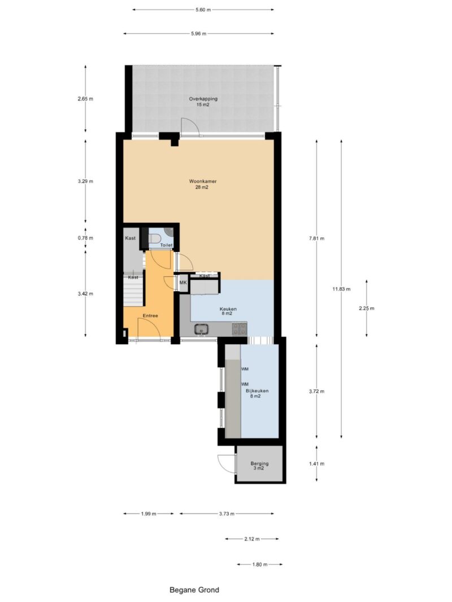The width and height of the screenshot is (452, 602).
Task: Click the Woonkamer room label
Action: [x=203, y=181]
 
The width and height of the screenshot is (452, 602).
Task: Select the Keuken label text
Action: [x=228, y=309]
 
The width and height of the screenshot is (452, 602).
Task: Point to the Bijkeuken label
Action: [x=257, y=391]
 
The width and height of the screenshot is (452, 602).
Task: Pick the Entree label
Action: [x=150, y=315]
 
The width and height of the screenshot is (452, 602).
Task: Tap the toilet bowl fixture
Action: [x=155, y=239]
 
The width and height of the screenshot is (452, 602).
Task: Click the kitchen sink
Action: [x=201, y=329]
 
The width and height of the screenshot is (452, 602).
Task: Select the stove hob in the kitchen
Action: [x=239, y=328]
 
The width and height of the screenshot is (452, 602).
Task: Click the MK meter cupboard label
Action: [x=183, y=283]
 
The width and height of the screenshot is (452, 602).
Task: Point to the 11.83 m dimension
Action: [x=341, y=289]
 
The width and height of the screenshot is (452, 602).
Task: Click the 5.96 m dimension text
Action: [x=198, y=33]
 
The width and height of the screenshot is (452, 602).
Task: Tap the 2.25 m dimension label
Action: [x=366, y=308]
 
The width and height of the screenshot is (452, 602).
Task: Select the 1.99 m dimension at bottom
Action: [x=149, y=513]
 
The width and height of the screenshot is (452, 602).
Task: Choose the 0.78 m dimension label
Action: [x=85, y=238]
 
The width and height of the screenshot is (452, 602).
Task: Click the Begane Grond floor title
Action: [x=194, y=590]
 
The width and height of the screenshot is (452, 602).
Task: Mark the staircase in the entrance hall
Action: [x=133, y=290]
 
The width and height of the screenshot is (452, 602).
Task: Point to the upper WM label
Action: [x=245, y=369]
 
